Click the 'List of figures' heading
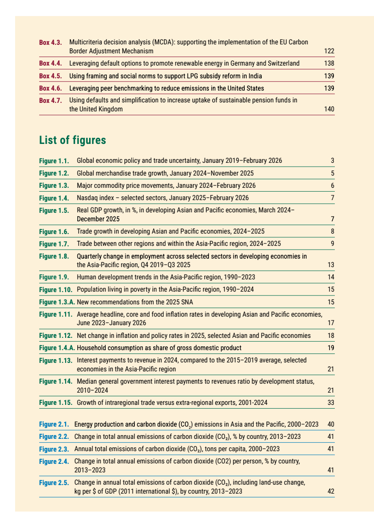(72, 140)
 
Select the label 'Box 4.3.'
(50, 42)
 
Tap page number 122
(330, 51)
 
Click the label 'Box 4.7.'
(50, 101)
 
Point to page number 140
(330, 109)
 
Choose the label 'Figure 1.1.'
(54, 161)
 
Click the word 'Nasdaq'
(87, 198)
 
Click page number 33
(331, 403)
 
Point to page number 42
(331, 492)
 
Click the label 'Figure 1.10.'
(56, 289)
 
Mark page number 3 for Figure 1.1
(332, 161)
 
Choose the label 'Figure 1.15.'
(56, 403)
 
